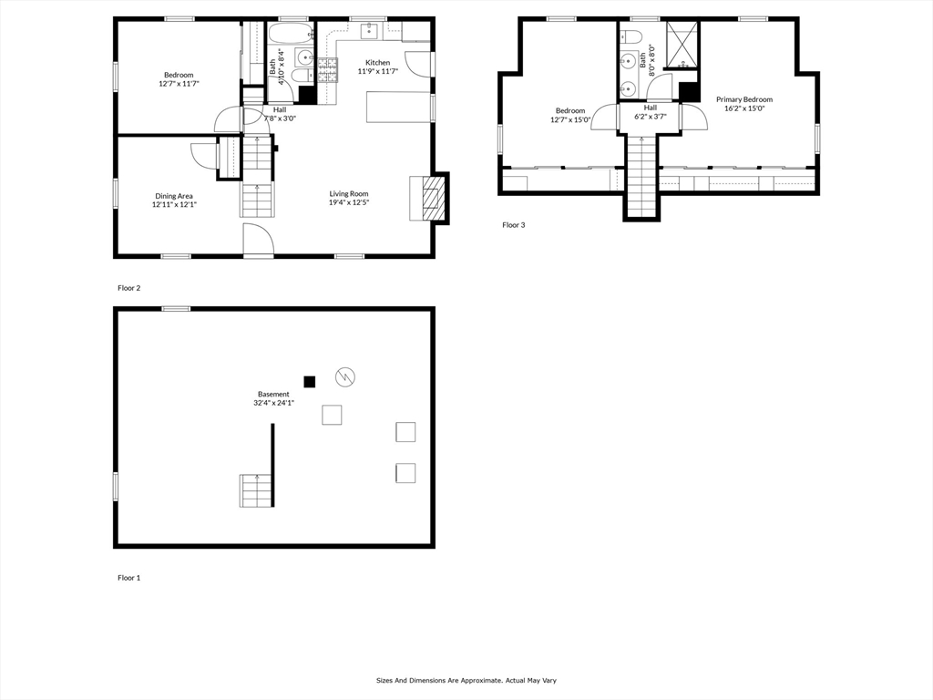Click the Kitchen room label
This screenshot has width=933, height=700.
(378, 63)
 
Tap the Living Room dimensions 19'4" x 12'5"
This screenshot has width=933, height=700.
(349, 202)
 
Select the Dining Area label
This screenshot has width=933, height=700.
(174, 196)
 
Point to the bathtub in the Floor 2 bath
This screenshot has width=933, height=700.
(290, 34)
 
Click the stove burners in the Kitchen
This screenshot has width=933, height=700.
(327, 69)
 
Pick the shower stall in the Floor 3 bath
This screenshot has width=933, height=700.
(682, 45)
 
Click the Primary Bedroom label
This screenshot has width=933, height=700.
(744, 99)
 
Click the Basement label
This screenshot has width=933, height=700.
(273, 394)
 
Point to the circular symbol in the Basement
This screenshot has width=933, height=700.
(345, 376)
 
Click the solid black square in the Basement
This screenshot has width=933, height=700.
(310, 382)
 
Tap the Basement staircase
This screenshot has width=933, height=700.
(257, 490)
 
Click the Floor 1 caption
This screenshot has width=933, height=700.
(129, 578)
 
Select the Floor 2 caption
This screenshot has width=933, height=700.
(129, 288)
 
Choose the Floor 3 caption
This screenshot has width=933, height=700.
(514, 225)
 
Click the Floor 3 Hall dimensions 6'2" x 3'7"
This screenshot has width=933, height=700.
(651, 117)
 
